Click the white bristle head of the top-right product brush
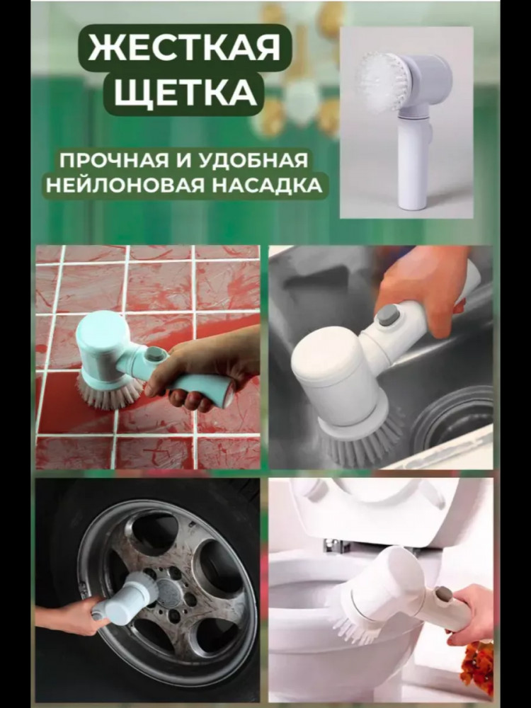[379, 81]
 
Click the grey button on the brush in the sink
[387, 314]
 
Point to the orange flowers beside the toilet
[478, 664]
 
